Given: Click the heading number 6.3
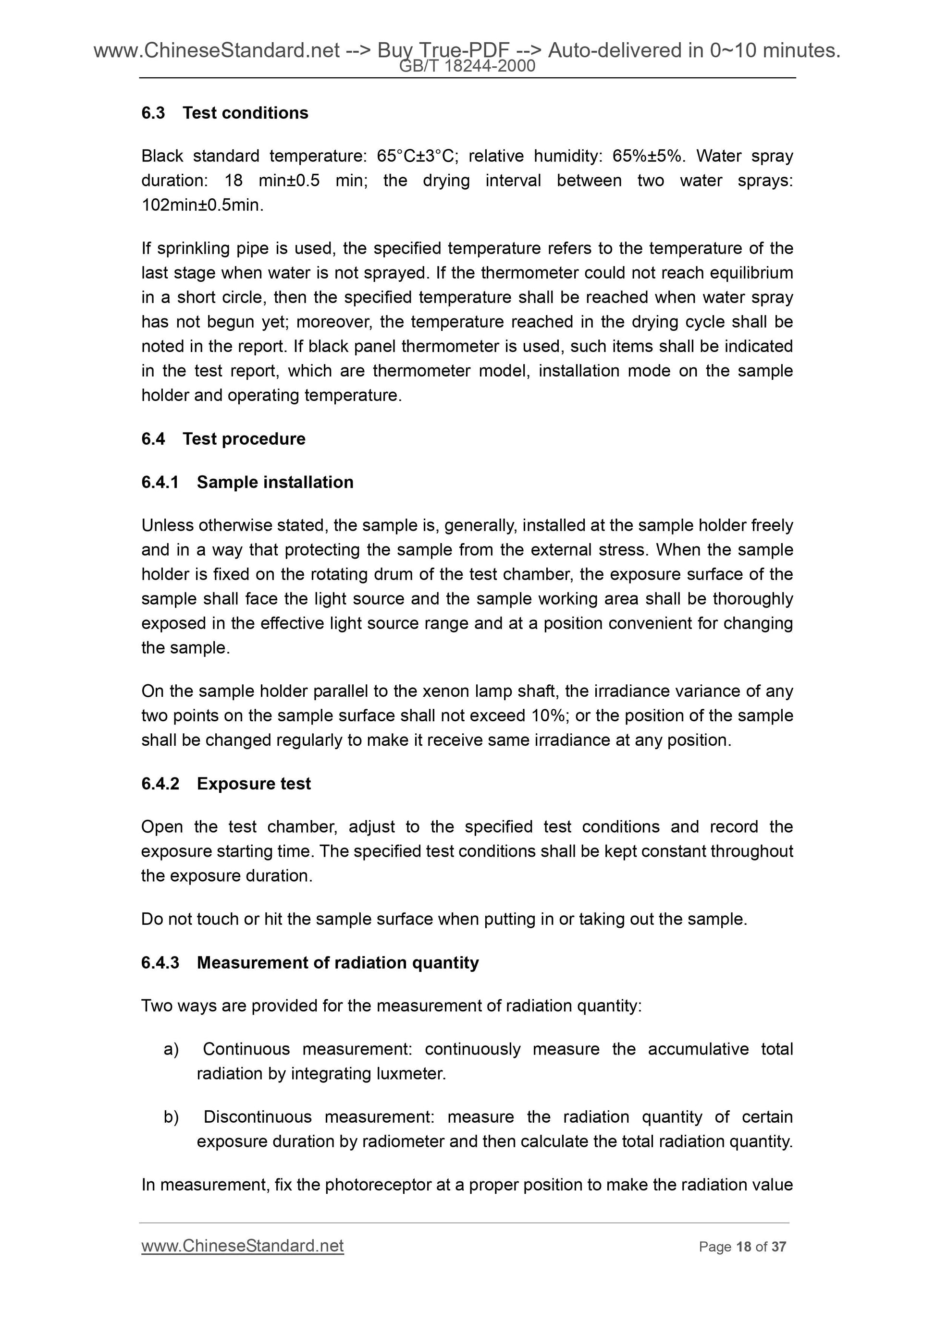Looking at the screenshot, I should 153,113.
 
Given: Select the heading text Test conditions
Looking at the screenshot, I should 246,113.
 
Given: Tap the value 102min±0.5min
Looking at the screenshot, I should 202,205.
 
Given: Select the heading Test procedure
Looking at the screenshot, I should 244,439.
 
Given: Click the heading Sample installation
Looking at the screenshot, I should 275,482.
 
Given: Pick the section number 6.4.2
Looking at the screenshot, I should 160,784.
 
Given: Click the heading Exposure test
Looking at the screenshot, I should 254,784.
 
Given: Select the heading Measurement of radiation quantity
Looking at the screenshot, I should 338,963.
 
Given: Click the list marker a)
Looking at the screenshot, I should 171,1049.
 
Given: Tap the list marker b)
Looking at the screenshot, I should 171,1117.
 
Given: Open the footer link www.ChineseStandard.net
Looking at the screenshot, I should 243,1246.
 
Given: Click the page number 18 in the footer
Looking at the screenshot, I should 744,1247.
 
